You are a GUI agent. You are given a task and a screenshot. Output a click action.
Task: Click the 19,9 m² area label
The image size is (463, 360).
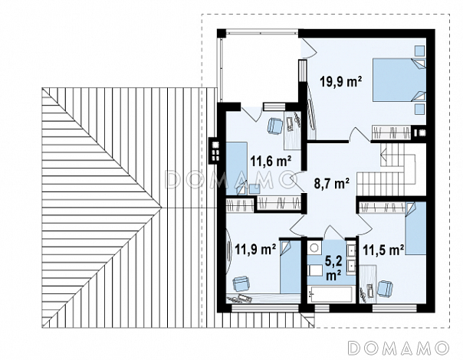[341, 81]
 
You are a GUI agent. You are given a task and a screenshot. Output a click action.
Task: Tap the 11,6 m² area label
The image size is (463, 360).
[271, 161]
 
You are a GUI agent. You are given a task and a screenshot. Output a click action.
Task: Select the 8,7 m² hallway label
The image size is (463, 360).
[332, 183]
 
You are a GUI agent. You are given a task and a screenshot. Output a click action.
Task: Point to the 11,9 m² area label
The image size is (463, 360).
[255, 250]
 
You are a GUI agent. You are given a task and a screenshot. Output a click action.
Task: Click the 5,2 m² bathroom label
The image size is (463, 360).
[333, 268]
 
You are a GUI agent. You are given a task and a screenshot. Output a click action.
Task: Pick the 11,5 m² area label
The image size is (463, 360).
[383, 250]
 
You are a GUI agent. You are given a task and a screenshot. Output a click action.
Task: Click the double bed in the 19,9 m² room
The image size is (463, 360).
[399, 80]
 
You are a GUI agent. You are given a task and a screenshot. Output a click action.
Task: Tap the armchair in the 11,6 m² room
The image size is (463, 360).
[275, 126]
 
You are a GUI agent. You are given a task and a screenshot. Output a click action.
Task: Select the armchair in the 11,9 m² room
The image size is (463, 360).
[241, 284]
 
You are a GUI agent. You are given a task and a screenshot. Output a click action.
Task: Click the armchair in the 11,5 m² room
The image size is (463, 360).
[386, 288]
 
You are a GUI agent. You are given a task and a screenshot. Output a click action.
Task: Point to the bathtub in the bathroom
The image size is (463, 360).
[330, 294]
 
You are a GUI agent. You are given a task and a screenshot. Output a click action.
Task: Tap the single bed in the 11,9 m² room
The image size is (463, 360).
[291, 267]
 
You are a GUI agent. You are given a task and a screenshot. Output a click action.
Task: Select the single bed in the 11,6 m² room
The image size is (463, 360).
[237, 169]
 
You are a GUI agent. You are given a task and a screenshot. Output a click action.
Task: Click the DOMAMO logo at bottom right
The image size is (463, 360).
[399, 348]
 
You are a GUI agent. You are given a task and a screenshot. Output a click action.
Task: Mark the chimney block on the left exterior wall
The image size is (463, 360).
[214, 150]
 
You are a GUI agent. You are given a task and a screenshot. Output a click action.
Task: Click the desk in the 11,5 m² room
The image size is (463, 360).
[368, 284]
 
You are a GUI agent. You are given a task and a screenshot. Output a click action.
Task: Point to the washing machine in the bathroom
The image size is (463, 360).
[314, 247]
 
